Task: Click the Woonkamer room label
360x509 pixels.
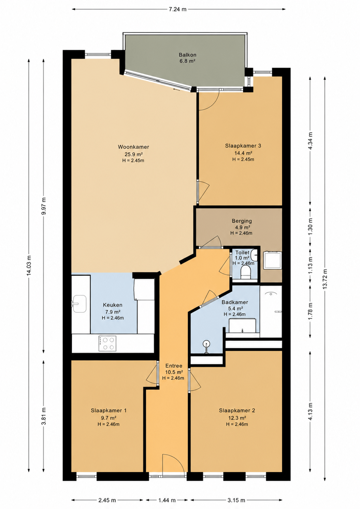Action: [133, 147]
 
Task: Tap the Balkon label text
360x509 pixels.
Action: [187, 55]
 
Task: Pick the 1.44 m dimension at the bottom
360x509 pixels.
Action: [167, 500]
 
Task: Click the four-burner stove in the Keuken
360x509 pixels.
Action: [107, 343]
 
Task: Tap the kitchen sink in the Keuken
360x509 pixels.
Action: [79, 304]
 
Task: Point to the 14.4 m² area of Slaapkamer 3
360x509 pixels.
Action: [243, 153]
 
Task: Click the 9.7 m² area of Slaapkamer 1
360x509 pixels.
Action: [109, 418]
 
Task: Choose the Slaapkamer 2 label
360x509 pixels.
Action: [237, 410]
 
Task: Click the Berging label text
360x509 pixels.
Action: [242, 221]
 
